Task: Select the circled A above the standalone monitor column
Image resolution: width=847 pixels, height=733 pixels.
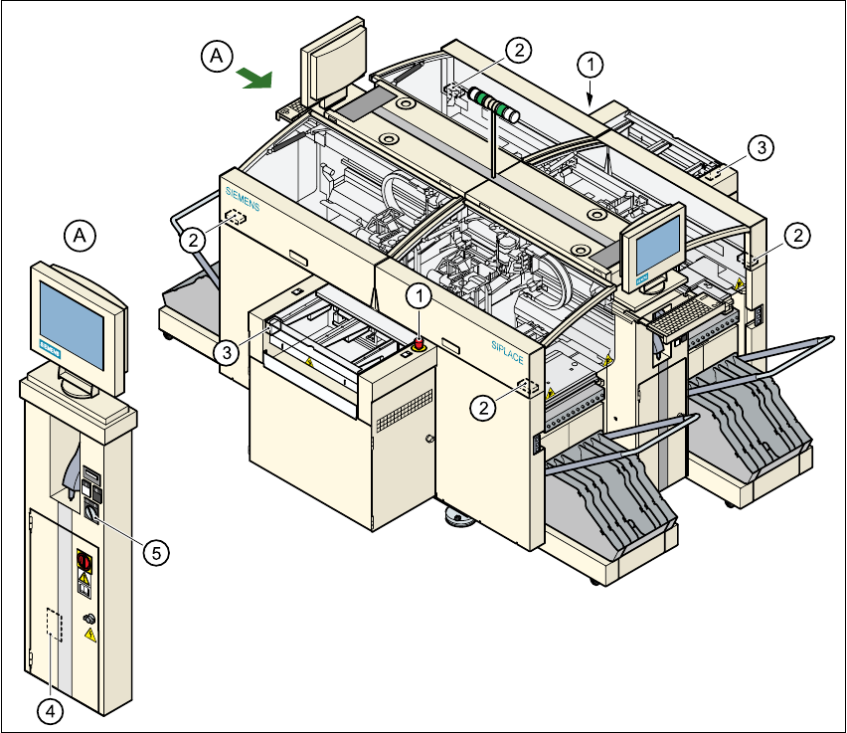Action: click(81, 235)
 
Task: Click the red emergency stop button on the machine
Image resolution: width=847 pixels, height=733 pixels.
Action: click(419, 344)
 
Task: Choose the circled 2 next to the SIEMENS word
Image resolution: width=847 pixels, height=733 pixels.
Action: click(193, 239)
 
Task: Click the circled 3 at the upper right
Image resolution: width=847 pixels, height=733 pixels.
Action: click(760, 148)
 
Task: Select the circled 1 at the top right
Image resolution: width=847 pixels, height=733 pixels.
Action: click(592, 65)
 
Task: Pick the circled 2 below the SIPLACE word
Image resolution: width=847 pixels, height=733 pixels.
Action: click(483, 406)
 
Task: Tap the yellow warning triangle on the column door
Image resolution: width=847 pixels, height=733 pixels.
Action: click(90, 634)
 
